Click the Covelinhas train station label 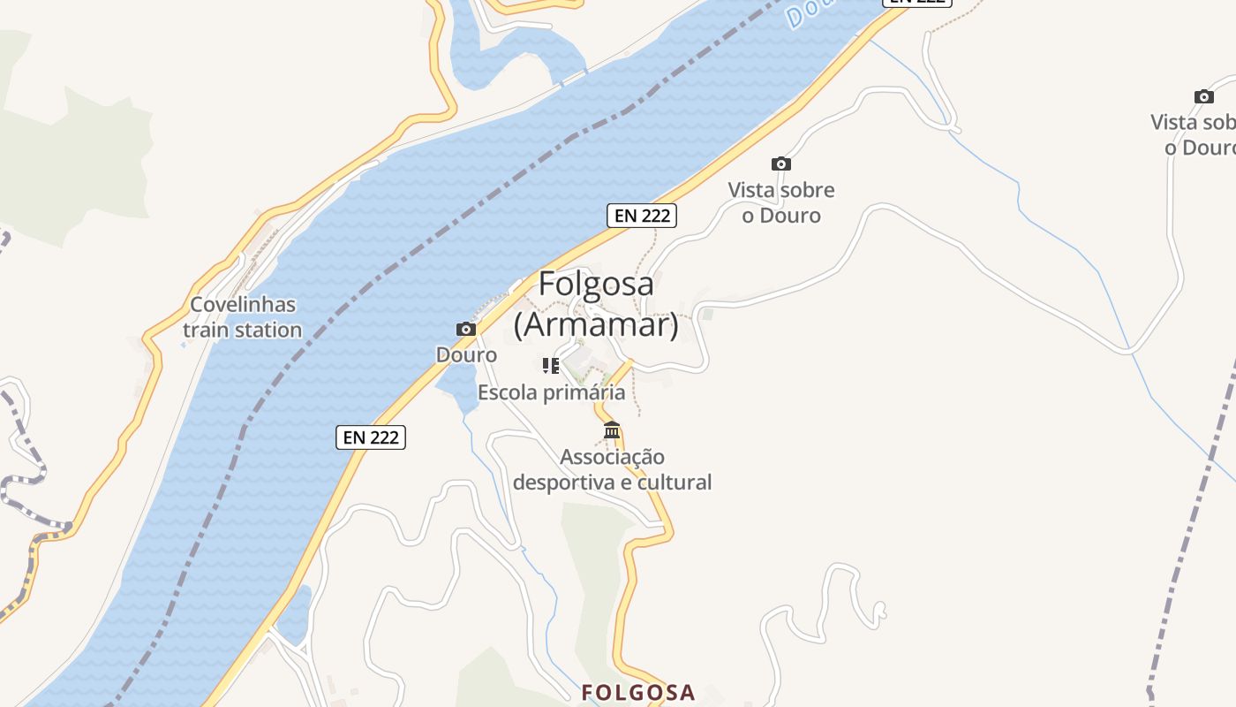coord(243,317)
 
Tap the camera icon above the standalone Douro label coord(466,330)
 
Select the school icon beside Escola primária coord(551,365)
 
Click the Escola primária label coord(551,392)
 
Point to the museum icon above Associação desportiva coord(612,430)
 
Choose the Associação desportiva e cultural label coord(612,469)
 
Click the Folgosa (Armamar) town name coord(597,304)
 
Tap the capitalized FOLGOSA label coord(638,693)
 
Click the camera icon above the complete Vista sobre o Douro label coord(781,163)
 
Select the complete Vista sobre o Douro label coord(781,202)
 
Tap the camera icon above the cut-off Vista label coord(1203,96)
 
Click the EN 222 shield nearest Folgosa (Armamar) coord(642,215)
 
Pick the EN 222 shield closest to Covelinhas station coord(371,437)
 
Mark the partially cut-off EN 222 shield coord(918,3)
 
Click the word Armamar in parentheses coord(597,325)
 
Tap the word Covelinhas coord(243,305)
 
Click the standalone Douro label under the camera coord(466,355)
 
